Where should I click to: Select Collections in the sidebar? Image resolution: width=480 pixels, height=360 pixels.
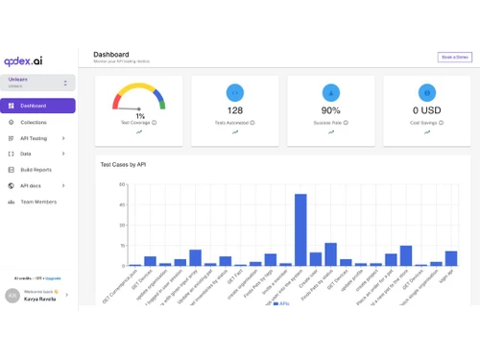33,122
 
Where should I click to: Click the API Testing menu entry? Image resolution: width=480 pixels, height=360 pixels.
34,138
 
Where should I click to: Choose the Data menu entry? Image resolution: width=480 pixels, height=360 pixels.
26,154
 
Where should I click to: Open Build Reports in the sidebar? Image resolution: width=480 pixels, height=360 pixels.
36,169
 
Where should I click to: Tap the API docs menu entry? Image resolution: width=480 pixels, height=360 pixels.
30,185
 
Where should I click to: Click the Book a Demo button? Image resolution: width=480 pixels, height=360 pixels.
454,58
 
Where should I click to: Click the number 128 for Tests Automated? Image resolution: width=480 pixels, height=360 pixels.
234,110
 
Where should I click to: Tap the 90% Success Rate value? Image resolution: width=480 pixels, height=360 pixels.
330,110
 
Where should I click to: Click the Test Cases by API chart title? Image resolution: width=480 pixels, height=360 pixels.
123,165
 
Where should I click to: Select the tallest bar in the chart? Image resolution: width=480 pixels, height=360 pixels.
300,229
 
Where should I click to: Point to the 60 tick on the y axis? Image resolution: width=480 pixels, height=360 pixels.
122,184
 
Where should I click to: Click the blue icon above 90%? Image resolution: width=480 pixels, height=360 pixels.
330,92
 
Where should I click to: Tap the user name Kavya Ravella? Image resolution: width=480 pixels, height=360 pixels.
41,299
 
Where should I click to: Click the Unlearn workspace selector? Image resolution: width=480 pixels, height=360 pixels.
38,84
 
